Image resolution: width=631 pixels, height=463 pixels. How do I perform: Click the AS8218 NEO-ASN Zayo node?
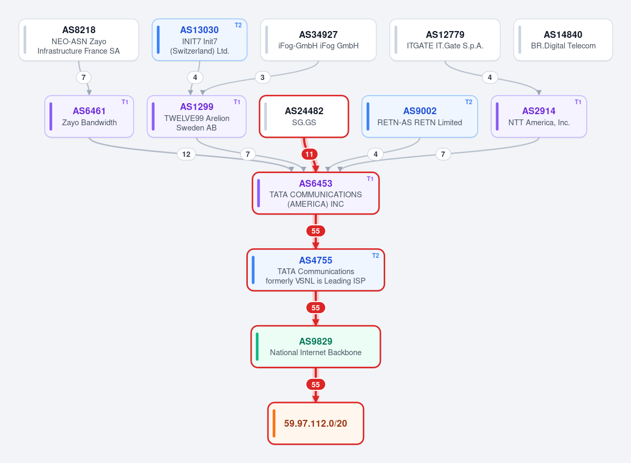pos(79,40)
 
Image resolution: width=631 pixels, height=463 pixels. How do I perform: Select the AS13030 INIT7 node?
pos(199,40)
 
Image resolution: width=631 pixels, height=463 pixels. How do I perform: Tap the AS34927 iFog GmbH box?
pos(318,40)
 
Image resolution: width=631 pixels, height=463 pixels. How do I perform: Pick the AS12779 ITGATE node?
pos(445,40)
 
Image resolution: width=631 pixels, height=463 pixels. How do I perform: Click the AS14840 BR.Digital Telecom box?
pos(563,40)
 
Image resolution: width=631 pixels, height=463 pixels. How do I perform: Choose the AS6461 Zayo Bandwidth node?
pos(89,116)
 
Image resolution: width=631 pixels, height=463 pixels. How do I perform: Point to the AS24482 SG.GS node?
pos(304,116)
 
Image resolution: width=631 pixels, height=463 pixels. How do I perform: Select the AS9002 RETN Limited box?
pos(420,116)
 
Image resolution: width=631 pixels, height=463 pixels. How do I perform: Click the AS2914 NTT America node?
pos(539,116)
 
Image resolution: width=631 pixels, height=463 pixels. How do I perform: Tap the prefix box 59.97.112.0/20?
pos(316,423)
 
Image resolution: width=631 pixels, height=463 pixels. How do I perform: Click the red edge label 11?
pos(309,154)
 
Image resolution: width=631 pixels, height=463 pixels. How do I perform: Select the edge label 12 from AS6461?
pos(186,154)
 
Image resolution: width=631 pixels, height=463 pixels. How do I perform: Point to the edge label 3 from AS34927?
pos(263,77)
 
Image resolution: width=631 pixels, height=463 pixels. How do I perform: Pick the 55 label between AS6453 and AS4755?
pos(316,231)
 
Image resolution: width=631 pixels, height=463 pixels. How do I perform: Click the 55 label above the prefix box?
pos(316,385)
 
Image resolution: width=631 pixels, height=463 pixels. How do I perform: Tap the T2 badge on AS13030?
pos(238,25)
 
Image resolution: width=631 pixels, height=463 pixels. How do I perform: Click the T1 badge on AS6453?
pos(370,178)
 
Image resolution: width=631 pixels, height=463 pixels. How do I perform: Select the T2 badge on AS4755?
pos(375,255)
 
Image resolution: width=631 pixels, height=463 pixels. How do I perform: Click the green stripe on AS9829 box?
pos(257,347)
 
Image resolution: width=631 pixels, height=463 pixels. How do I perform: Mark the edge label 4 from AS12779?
pos(490,77)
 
